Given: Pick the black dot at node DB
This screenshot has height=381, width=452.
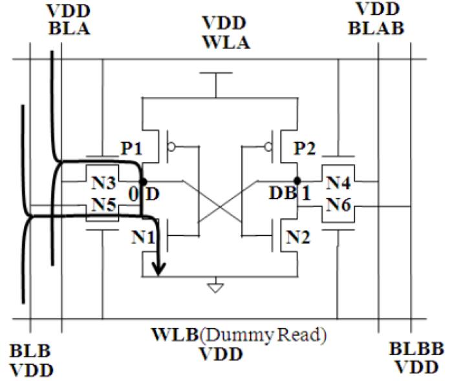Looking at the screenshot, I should (297, 181).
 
